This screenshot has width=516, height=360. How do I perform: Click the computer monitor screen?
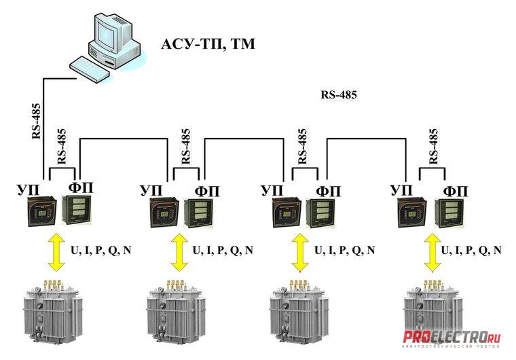(x=109, y=33)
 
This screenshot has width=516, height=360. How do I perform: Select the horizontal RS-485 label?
(x=338, y=95)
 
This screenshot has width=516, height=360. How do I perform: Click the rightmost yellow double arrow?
(x=431, y=251)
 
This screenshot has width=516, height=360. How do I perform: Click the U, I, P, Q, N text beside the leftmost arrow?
(x=101, y=250)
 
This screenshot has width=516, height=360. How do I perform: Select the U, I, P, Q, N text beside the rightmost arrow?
(x=473, y=250)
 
